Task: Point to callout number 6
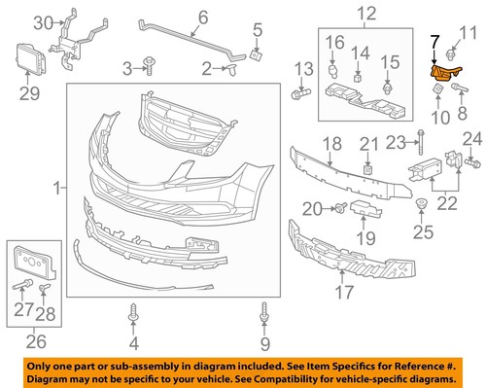(x=203, y=18)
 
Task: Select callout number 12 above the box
(x=365, y=14)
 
